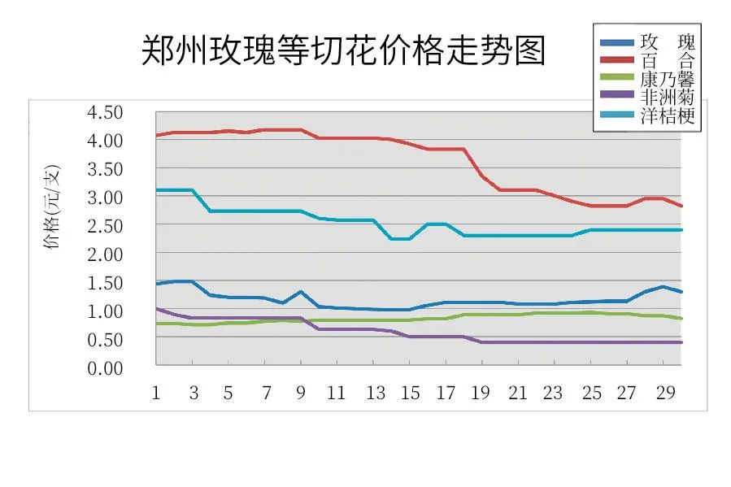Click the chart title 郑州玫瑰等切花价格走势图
(342, 51)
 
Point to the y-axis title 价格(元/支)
(53, 207)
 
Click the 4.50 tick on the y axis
(106, 112)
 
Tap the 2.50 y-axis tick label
(106, 225)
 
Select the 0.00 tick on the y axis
(106, 368)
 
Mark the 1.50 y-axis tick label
(106, 283)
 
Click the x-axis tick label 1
(155, 394)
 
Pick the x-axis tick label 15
(410, 394)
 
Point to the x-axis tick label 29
(664, 394)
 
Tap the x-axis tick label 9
(302, 394)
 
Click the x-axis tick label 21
(519, 394)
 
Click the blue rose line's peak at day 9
(302, 291)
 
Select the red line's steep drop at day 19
(483, 176)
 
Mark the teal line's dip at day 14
(392, 239)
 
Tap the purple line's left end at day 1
(156, 309)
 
